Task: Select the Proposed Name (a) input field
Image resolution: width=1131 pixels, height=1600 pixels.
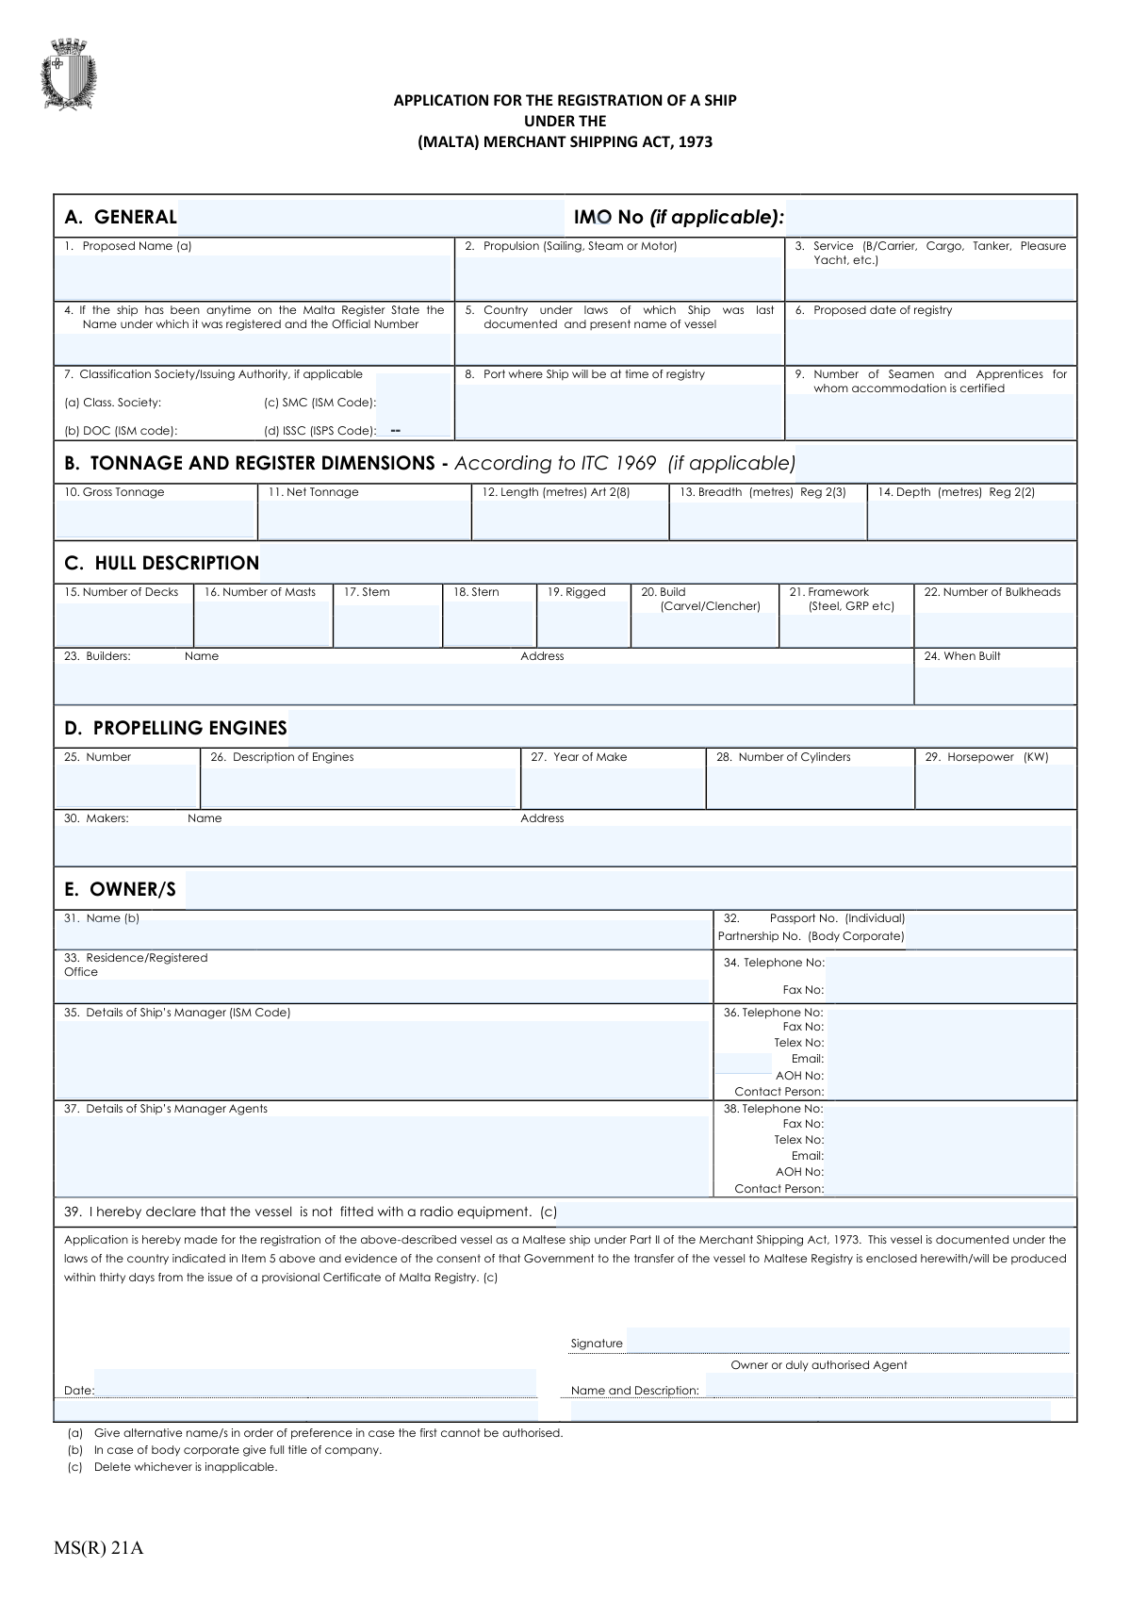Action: [254, 277]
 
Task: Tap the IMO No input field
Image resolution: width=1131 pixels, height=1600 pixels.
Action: [929, 218]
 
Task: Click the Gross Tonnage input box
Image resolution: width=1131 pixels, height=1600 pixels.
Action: [155, 520]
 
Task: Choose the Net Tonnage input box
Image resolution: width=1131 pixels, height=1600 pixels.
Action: [364, 520]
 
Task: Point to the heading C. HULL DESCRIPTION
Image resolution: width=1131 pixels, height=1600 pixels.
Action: [162, 563]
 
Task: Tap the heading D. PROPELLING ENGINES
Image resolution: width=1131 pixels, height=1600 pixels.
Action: [175, 728]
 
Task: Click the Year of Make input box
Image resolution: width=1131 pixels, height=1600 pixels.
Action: [613, 787]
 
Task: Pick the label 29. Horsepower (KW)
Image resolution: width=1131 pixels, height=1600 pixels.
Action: [986, 757]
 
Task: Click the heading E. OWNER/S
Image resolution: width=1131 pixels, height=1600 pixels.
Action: [120, 890]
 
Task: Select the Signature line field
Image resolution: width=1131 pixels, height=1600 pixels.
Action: [846, 1341]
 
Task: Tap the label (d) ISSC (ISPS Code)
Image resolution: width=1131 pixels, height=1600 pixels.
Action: [320, 431]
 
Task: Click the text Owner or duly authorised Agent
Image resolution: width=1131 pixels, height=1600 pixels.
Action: [818, 1365]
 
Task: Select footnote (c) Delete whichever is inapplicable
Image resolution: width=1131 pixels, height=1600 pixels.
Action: [172, 1467]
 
